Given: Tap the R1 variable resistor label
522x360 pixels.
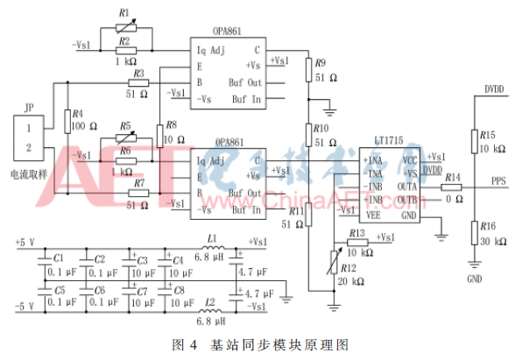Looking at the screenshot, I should [123, 13].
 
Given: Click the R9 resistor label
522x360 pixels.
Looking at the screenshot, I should [320, 63].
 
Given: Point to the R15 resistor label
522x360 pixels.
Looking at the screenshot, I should [487, 135].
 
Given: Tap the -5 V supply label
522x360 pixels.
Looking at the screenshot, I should [25, 306].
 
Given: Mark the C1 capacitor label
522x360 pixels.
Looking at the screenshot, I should [59, 259].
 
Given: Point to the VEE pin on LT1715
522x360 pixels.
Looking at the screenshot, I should [374, 213].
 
